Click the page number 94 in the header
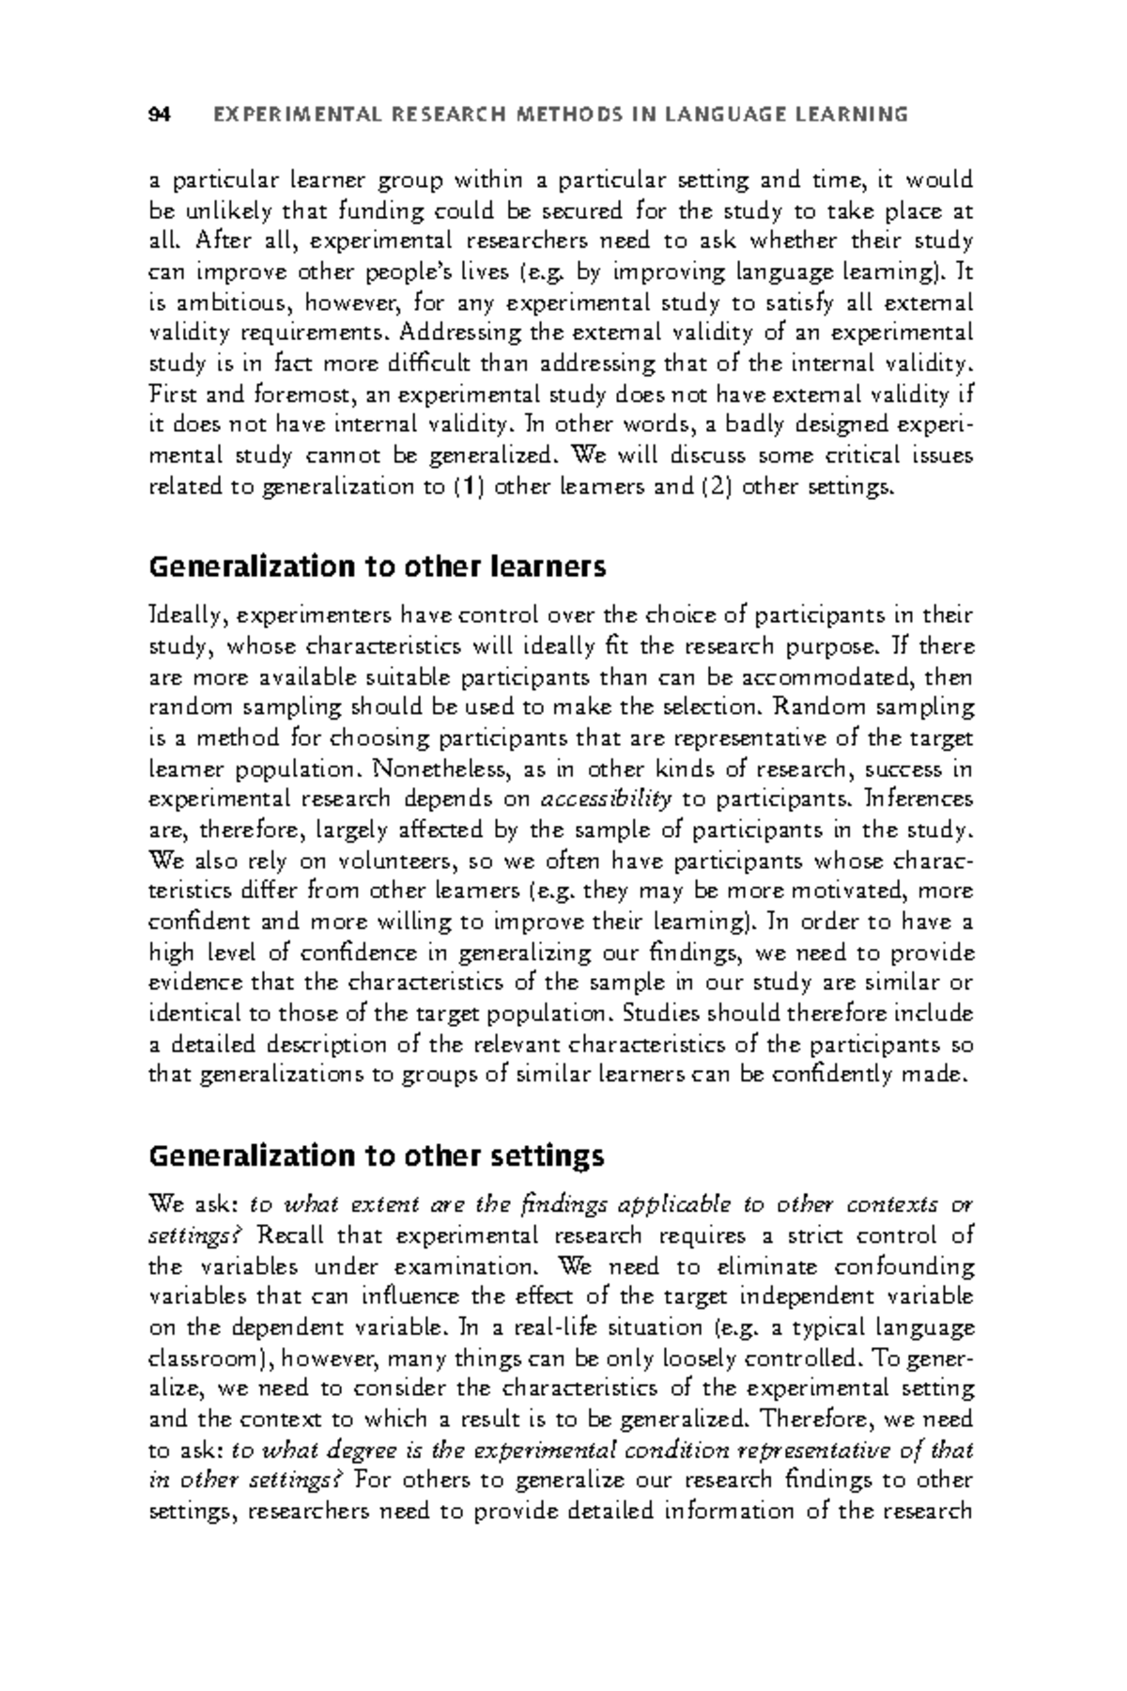coord(159,116)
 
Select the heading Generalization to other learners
coord(378,567)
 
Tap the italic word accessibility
coord(607,799)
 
